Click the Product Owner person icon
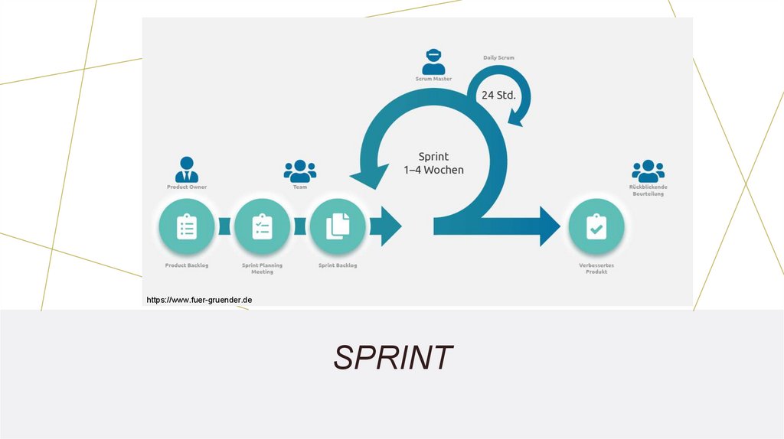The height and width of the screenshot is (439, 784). tap(187, 169)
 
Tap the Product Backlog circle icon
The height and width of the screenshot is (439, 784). tap(187, 227)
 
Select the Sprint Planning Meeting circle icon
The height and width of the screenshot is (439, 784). tap(262, 227)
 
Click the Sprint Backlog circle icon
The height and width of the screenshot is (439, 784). tap(338, 227)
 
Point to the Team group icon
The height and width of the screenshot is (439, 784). tap(299, 171)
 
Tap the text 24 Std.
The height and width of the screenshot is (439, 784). tap(498, 96)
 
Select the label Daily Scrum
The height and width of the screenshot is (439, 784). tap(498, 57)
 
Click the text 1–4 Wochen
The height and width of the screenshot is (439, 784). tap(433, 170)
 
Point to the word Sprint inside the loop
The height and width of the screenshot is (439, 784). tap(433, 156)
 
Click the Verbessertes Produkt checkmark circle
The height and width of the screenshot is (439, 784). tap(596, 227)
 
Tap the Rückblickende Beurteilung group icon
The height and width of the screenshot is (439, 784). tap(648, 171)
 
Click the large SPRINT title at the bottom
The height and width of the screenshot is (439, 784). tap(393, 357)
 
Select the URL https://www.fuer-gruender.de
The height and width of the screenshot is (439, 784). tap(199, 301)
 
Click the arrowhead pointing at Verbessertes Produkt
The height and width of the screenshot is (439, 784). tap(550, 226)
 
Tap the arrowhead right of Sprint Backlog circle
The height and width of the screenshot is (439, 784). tap(390, 226)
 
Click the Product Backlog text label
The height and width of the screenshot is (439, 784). tap(187, 265)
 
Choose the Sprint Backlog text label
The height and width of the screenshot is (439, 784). tap(338, 265)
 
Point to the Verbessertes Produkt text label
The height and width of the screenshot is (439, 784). tap(596, 268)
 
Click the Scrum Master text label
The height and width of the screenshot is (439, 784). tap(433, 79)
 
